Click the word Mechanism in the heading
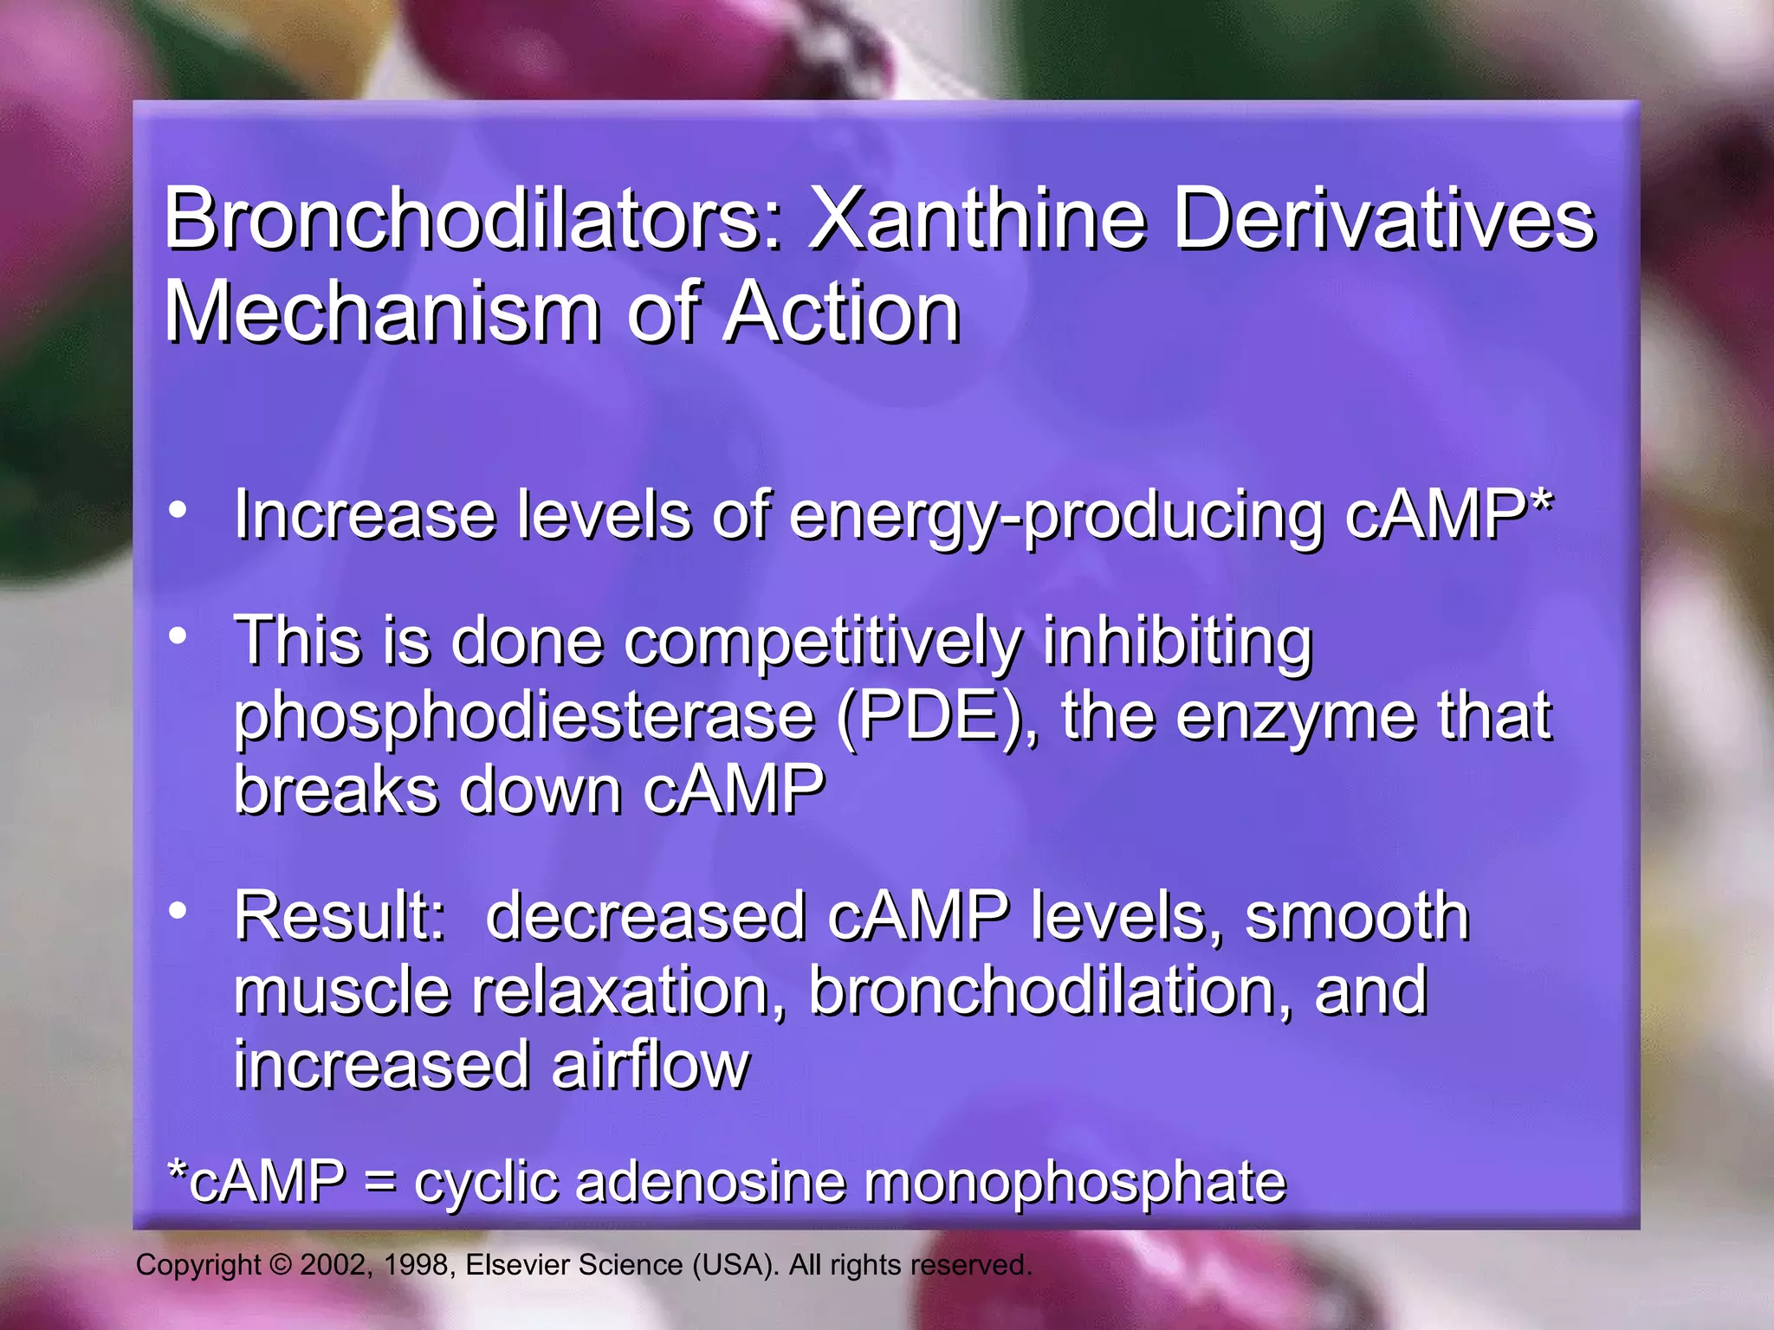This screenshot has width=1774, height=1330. coord(381,313)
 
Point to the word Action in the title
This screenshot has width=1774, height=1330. coord(841,313)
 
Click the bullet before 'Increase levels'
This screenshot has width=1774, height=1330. coord(178,510)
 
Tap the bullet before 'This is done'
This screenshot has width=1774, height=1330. coord(178,636)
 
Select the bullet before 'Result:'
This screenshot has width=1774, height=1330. coord(178,910)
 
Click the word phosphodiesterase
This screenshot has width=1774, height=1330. coord(524,718)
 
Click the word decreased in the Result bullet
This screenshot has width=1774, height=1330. coord(645,917)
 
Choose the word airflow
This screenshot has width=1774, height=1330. coord(650,1066)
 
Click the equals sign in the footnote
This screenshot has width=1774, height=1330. coord(380,1182)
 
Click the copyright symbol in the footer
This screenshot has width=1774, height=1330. coord(281,1265)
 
